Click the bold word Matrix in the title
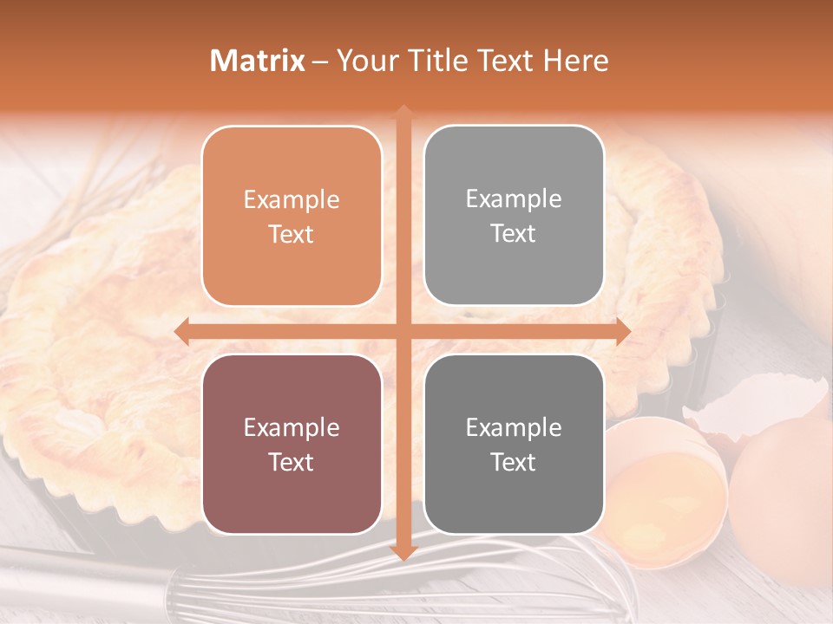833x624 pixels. click(258, 61)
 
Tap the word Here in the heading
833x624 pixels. click(575, 61)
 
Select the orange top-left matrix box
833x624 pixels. click(292, 216)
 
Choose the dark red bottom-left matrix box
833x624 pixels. click(292, 444)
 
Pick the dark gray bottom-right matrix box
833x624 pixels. click(514, 444)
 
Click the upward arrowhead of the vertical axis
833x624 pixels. click(403, 113)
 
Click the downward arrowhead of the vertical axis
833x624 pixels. click(403, 552)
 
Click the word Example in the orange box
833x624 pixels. click(292, 200)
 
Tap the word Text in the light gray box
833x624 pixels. click(514, 234)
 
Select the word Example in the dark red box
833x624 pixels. click(292, 427)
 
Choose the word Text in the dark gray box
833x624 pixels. click(514, 462)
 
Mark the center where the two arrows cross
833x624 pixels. click(403, 331)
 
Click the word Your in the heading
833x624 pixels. click(364, 61)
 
